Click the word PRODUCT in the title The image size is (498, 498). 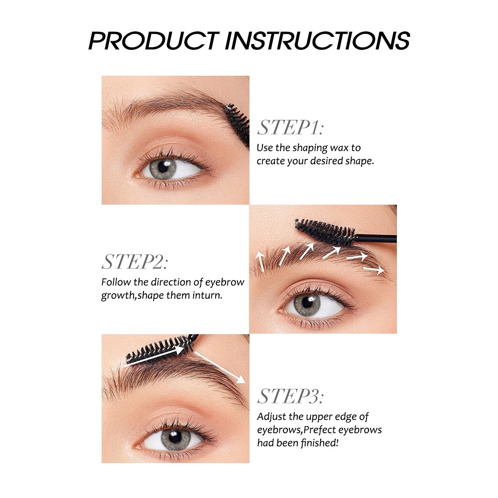(x=154, y=40)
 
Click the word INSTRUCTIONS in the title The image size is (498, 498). (x=317, y=40)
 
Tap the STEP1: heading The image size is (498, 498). (x=291, y=127)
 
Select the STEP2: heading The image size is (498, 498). (x=134, y=262)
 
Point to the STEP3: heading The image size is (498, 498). (x=291, y=396)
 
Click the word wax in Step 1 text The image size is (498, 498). (x=339, y=148)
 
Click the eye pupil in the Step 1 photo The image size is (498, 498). (x=163, y=167)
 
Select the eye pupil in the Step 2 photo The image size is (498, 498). (x=307, y=302)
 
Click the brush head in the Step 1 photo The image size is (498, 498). (x=238, y=124)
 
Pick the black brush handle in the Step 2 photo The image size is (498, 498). (x=375, y=238)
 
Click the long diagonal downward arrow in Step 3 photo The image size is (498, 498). (x=220, y=367)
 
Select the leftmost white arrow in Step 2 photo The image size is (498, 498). (x=260, y=261)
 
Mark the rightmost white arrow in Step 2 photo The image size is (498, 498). (x=374, y=270)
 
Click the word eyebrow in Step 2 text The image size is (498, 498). (x=225, y=282)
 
